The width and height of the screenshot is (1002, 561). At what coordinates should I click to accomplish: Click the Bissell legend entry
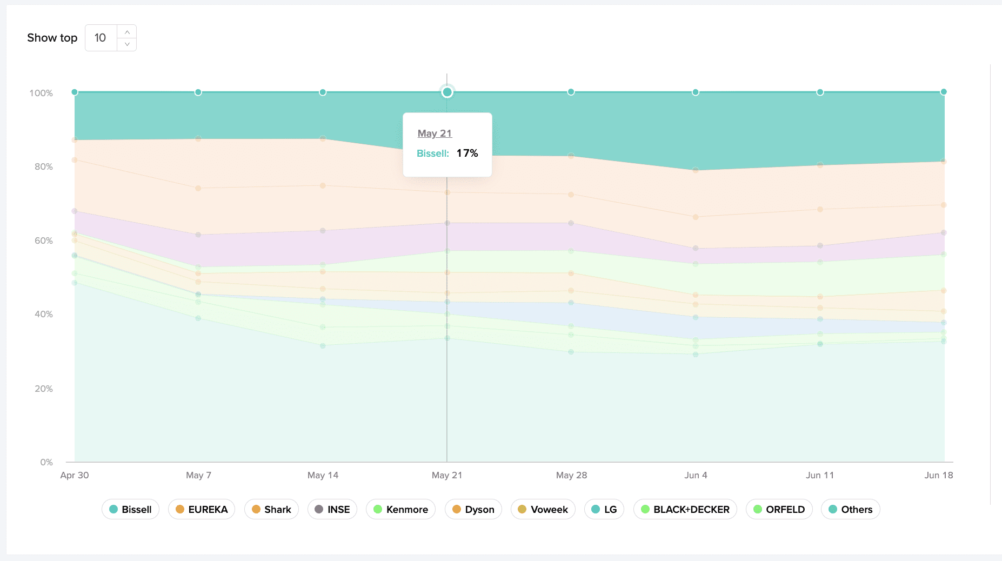pos(130,509)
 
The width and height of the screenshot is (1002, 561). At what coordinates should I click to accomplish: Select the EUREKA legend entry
pos(202,509)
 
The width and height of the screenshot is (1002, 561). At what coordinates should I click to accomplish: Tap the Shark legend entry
pos(271,509)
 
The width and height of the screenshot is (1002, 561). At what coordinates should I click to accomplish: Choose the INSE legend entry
pos(332,509)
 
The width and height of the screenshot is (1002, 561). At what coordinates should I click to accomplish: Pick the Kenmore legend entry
pos(400,509)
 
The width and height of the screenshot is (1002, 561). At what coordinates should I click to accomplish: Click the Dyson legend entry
pos(473,509)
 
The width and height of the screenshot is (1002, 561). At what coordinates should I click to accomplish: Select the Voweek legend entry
pos(543,509)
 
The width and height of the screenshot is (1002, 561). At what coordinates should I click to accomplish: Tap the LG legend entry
pos(604,509)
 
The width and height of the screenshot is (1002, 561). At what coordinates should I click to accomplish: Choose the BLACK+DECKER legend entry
pos(685,509)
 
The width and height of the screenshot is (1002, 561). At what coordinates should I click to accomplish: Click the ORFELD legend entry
pos(779,509)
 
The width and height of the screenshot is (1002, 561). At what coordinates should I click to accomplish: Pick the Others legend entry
pos(850,509)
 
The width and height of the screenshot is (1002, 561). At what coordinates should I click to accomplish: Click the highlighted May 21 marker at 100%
pos(447,92)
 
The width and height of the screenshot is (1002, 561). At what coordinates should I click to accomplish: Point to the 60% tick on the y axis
pos(44,241)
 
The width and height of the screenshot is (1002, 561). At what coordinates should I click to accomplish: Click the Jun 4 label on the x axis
pos(696,475)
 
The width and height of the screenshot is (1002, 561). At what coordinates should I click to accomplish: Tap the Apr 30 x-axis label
pos(75,475)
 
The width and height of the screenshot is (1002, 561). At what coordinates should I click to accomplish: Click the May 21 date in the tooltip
pos(435,133)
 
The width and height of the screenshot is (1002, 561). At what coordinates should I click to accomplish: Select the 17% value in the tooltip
pos(467,153)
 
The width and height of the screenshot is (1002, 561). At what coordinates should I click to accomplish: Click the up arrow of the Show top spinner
pos(127,32)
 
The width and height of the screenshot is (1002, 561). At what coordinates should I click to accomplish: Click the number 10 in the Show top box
pos(100,38)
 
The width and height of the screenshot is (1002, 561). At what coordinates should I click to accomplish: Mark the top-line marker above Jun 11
pos(820,92)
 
